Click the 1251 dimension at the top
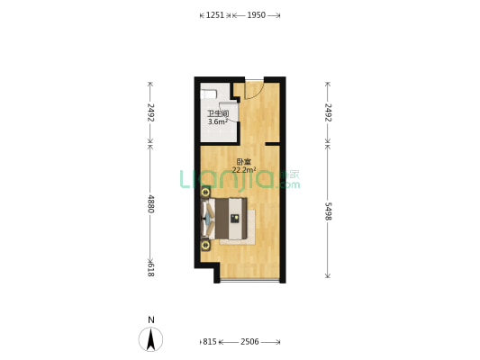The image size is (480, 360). point(215,15)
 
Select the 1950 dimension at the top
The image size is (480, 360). point(257,15)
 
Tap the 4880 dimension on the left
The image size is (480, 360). point(151,203)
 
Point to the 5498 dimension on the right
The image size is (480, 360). point(328,211)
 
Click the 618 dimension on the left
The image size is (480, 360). point(150,270)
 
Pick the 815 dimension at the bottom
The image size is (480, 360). point(210,342)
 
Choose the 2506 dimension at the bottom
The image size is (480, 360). point(249,342)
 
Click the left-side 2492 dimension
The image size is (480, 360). point(151,112)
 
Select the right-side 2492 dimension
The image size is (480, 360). point(328,112)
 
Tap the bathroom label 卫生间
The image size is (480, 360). point(218,113)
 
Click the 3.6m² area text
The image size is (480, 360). point(218,121)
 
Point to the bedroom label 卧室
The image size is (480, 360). point(244,162)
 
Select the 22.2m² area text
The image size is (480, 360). point(244,170)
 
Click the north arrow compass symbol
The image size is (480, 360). point(150,339)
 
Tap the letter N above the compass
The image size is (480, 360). point(151,319)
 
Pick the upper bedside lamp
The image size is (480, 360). point(205,193)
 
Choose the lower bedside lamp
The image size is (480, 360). point(205,245)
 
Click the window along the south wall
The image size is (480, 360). point(249,280)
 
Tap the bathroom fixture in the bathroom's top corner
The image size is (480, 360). point(209,94)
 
